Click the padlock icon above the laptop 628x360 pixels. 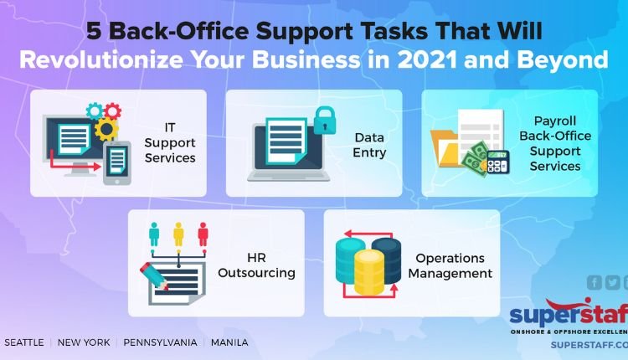coord(324,121)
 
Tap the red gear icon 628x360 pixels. coord(112,111)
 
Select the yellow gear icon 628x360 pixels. coord(106,129)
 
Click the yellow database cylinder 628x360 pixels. coord(369,272)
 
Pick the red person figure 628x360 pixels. coord(203,234)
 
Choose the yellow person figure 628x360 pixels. coord(178,234)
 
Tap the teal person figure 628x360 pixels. coord(154,234)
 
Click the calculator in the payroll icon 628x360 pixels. coord(498,162)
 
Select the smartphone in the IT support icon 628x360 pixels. coord(117,163)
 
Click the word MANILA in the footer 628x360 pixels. coord(229,342)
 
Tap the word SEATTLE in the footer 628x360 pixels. coord(24,342)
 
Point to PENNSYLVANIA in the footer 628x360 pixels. coord(160,342)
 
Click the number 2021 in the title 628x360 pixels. coord(427,59)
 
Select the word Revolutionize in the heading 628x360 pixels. coord(101,59)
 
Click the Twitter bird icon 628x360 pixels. coord(612,282)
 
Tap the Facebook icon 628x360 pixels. coord(595,282)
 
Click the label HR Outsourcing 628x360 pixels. coord(256,265)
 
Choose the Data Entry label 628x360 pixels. coord(369,145)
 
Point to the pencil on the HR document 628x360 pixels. coord(154,276)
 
